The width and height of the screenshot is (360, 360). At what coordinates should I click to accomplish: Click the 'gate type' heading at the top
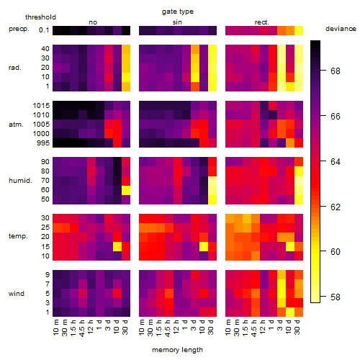pyautogui.click(x=178, y=12)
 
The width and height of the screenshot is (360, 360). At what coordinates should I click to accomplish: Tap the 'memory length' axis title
pyautogui.click(x=177, y=350)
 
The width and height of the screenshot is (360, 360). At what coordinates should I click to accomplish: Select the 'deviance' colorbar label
pyautogui.click(x=341, y=29)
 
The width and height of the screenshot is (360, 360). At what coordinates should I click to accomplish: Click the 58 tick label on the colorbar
pyautogui.click(x=336, y=297)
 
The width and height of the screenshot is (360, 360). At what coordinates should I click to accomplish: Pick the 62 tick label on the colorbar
pyautogui.click(x=336, y=207)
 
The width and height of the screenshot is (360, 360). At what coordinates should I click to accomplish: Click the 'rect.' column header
pyautogui.click(x=262, y=22)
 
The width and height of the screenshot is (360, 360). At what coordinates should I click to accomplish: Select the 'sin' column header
pyautogui.click(x=177, y=22)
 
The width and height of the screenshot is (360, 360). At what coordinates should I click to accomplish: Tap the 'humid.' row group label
pyautogui.click(x=20, y=181)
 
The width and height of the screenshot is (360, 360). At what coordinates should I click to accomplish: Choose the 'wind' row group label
pyautogui.click(x=17, y=294)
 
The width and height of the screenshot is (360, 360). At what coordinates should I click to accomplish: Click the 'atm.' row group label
pyautogui.click(x=16, y=125)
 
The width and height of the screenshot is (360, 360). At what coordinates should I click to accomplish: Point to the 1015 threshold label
pyautogui.click(x=41, y=106)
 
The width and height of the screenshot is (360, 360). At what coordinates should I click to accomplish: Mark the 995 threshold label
pyautogui.click(x=43, y=143)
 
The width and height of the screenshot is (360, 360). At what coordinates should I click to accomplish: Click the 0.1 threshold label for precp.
pyautogui.click(x=44, y=30)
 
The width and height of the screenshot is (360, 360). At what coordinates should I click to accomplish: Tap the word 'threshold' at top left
pyautogui.click(x=40, y=17)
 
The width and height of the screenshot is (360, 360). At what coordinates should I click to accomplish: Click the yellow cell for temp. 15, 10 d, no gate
pyautogui.click(x=117, y=246)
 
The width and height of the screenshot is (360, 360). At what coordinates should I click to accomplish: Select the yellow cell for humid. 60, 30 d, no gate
pyautogui.click(x=126, y=190)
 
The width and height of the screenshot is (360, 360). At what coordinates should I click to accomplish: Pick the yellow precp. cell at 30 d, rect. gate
pyautogui.click(x=299, y=30)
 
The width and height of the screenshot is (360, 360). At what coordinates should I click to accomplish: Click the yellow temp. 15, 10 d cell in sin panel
pyautogui.click(x=204, y=246)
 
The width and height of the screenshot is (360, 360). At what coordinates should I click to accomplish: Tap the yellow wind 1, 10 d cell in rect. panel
pyautogui.click(x=290, y=312)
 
